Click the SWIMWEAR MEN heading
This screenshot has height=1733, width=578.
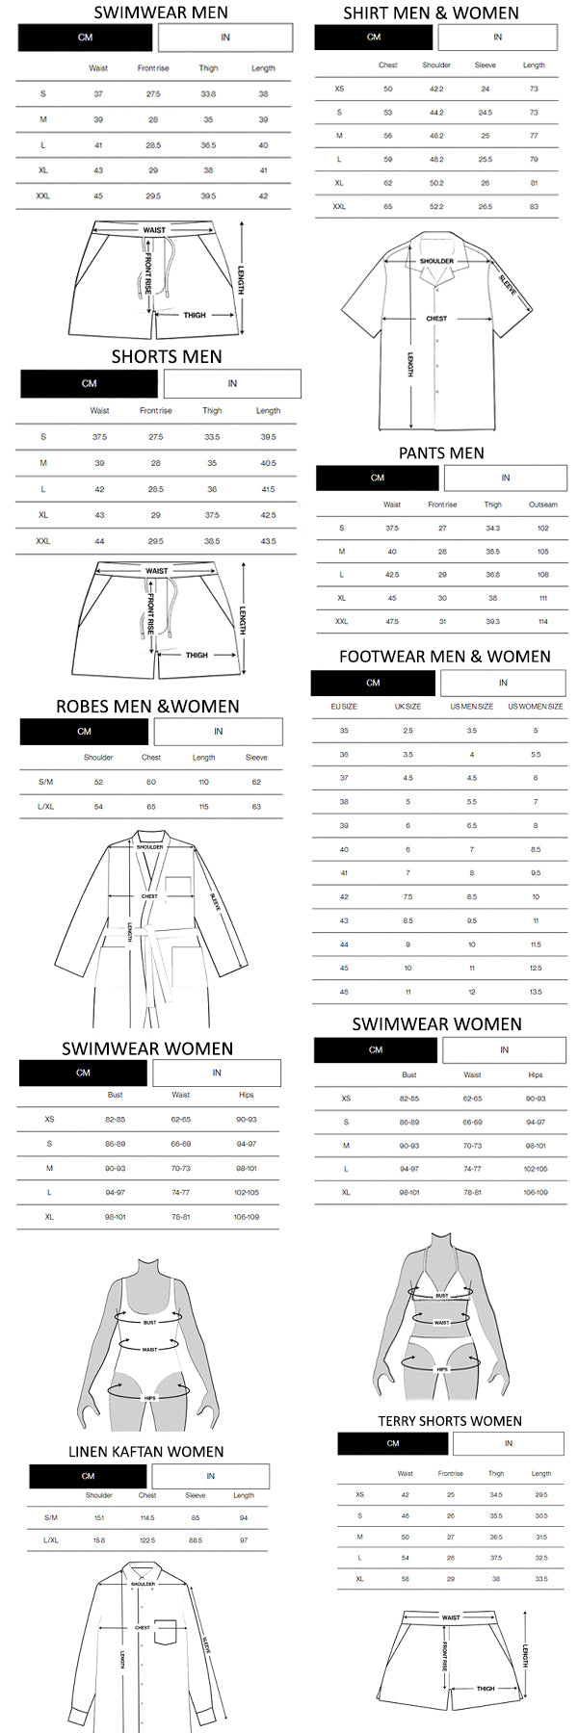(x=161, y=13)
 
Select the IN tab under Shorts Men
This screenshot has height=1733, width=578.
(x=232, y=383)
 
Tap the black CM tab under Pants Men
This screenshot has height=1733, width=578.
(x=377, y=478)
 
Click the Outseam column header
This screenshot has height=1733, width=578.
(x=542, y=504)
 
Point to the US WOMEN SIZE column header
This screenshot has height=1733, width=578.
(x=536, y=707)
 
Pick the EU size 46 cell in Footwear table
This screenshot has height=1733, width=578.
(x=344, y=992)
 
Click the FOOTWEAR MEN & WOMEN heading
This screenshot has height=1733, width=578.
(x=444, y=657)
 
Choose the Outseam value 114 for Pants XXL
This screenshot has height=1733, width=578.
(x=542, y=622)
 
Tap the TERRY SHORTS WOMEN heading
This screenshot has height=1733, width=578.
(x=449, y=1421)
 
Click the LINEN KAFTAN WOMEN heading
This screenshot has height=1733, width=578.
(x=145, y=1452)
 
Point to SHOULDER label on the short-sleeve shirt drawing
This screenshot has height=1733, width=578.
(x=436, y=261)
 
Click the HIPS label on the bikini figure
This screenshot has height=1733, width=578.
(x=442, y=1369)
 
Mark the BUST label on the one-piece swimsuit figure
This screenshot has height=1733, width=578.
(x=149, y=1323)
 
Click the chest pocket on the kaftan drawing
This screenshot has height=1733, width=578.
(x=167, y=1632)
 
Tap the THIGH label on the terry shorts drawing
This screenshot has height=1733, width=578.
(x=486, y=1689)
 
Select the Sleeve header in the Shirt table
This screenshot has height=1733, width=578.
(x=486, y=65)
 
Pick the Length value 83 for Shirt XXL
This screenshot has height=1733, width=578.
(x=534, y=206)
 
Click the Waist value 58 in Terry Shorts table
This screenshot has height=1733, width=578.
(x=406, y=1580)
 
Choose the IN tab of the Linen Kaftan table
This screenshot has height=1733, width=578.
(x=210, y=1476)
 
